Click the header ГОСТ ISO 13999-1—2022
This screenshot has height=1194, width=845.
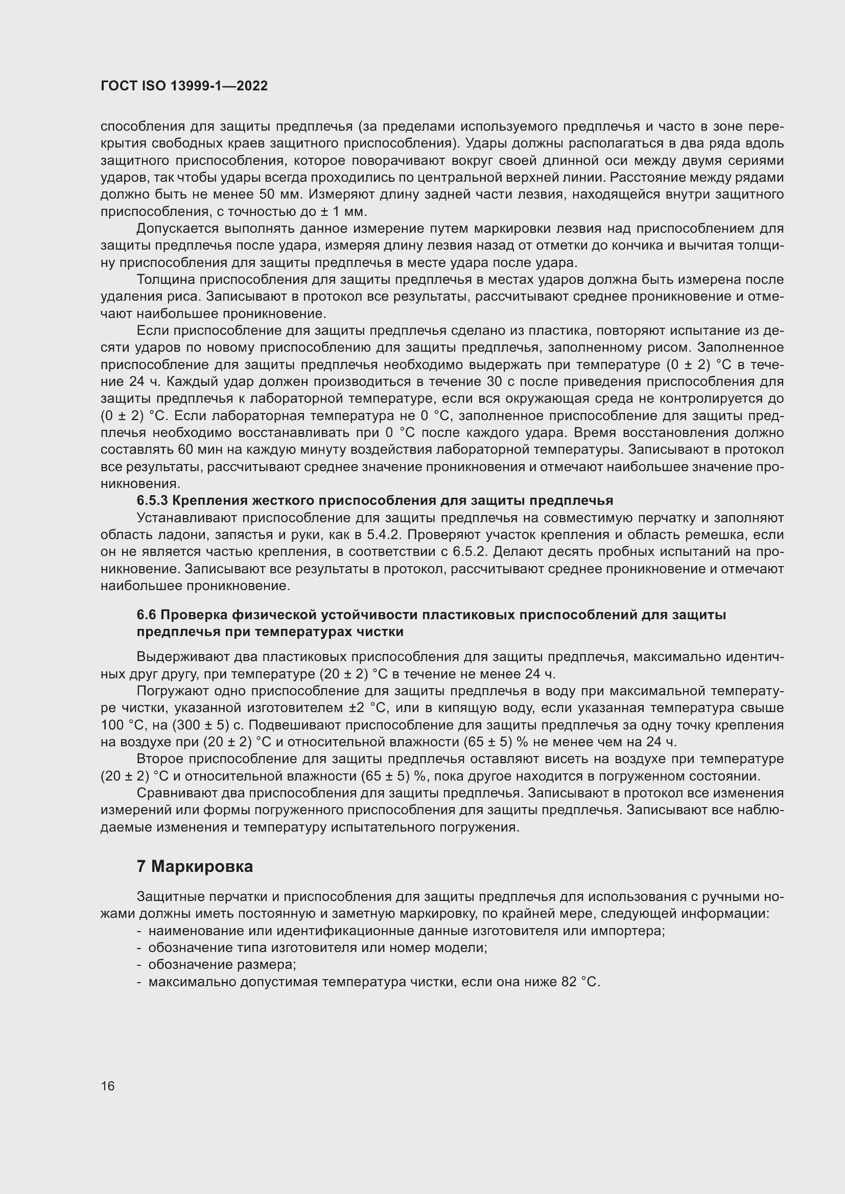[184, 86]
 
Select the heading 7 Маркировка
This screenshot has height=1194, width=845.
[195, 866]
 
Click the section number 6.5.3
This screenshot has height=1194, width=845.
[152, 500]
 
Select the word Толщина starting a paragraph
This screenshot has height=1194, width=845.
[166, 279]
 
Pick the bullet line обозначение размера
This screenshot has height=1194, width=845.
[222, 965]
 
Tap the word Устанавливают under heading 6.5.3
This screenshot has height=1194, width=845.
[187, 518]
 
